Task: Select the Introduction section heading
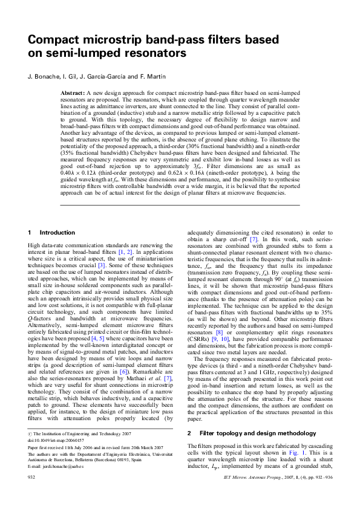[57, 232]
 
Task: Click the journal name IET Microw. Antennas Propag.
[258, 494]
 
